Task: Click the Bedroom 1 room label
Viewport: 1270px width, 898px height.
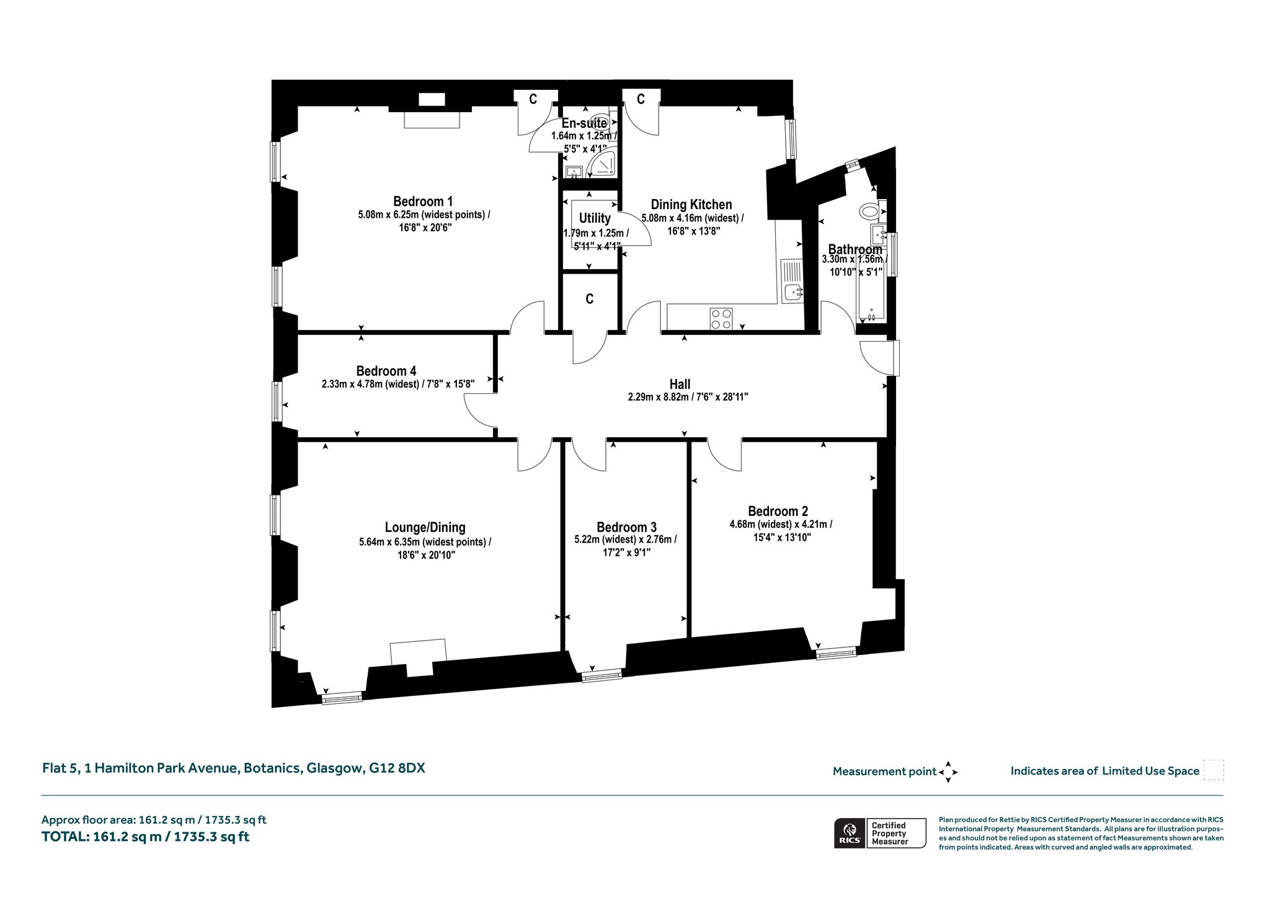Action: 423,202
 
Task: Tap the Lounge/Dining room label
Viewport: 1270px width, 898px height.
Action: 425,528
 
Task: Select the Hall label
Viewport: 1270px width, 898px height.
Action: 680,385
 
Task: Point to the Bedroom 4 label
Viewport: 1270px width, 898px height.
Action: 386,371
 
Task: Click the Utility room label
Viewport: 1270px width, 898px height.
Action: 595,218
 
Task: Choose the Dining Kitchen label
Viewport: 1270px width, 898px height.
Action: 691,205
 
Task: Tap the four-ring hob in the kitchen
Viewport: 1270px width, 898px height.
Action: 721,318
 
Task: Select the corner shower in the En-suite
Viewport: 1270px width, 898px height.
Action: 602,163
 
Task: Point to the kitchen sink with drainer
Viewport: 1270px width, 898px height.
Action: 793,280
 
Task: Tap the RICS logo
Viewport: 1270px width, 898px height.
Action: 848,833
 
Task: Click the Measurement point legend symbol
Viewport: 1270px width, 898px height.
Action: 948,772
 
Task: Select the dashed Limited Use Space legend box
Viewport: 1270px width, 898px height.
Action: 1214,770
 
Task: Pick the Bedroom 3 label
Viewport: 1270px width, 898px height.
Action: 626,527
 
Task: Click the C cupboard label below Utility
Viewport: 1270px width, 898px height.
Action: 590,299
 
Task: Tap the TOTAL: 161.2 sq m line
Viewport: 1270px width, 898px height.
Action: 146,837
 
